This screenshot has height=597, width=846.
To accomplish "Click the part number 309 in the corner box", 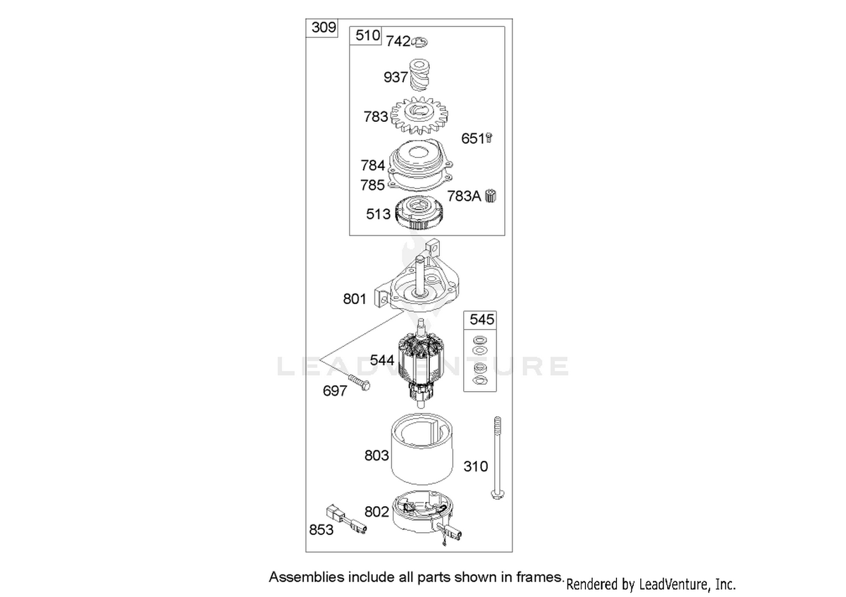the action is tap(324, 28).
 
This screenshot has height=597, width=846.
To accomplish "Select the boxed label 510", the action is tap(368, 36).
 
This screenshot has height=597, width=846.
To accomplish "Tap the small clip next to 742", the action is tap(420, 42).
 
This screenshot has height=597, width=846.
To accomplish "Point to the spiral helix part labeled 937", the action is tap(419, 75).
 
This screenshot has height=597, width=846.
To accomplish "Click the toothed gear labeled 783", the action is tap(419, 115).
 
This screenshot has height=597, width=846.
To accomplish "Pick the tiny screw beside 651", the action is tap(489, 138).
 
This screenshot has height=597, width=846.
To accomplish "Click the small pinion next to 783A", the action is tap(491, 196).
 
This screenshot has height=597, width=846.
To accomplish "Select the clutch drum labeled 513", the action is tap(419, 213).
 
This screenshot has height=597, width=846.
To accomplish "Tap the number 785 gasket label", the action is tap(372, 185).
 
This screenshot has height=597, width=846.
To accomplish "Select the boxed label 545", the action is tap(482, 319).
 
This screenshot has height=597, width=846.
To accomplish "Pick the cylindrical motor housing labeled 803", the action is tap(421, 449).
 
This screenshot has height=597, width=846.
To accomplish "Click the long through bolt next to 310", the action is tap(497, 458).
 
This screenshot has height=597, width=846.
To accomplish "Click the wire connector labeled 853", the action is tap(346, 519).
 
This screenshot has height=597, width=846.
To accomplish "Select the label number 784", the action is tap(373, 165).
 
